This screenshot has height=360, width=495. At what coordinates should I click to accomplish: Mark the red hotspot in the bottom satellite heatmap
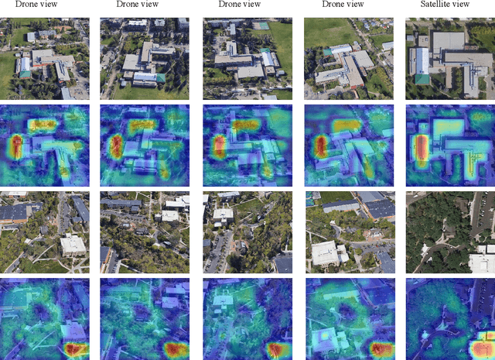coord(481,345)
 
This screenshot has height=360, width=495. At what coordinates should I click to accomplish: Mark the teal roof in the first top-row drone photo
coord(25,74)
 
